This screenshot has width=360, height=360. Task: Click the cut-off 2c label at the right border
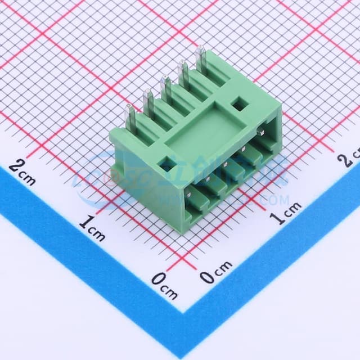click(x=349, y=158)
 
